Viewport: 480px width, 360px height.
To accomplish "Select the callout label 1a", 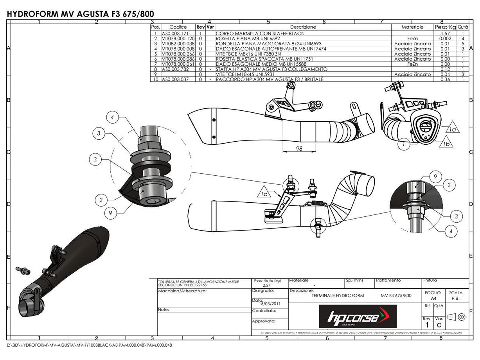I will pyautogui.click(x=453, y=130).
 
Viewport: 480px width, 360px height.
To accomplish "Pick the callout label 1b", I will pyautogui.click(x=446, y=144).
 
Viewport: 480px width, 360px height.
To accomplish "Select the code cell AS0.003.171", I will pyautogui.click(x=173, y=34).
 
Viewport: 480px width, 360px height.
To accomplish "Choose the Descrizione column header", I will pyautogui.click(x=303, y=27).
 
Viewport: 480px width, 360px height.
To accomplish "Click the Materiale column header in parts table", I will pyautogui.click(x=412, y=27).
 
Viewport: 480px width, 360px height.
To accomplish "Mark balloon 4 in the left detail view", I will pyautogui.click(x=112, y=117).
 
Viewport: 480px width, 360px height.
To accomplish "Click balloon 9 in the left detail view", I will pyautogui.click(x=111, y=213).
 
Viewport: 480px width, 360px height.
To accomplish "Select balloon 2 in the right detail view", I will pyautogui.click(x=449, y=185).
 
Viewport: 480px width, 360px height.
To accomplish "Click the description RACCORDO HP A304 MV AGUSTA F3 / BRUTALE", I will pyautogui.click(x=270, y=79).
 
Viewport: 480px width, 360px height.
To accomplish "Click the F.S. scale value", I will pyautogui.click(x=455, y=298).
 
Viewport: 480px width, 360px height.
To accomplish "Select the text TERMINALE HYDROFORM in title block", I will pyautogui.click(x=338, y=295).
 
